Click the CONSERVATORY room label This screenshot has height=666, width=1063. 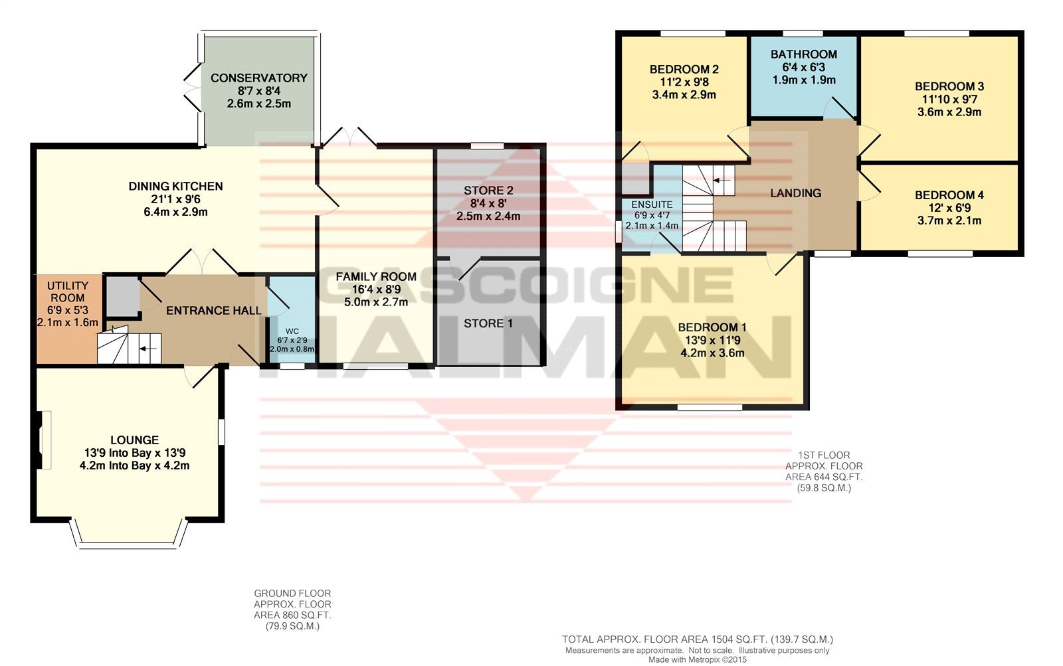tap(258, 78)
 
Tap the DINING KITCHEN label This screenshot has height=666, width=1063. tap(175, 186)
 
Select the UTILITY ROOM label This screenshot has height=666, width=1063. tap(67, 291)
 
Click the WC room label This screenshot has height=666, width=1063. tap(292, 331)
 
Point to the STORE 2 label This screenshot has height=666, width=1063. tap(488, 191)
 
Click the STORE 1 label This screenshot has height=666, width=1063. tap(488, 323)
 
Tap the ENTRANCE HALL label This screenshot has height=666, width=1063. tap(213, 311)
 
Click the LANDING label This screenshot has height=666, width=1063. tap(795, 193)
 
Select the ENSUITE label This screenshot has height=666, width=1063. tap(652, 205)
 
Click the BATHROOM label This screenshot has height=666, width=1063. tap(803, 54)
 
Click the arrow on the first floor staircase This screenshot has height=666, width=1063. tap(722, 180)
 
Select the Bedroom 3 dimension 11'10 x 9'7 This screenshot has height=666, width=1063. tap(949, 100)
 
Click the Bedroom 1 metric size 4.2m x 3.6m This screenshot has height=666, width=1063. tap(712, 353)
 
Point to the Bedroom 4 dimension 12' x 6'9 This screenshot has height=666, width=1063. tap(949, 208)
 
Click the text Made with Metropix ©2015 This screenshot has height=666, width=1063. tap(698, 660)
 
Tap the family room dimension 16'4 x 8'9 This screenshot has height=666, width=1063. tap(376, 290)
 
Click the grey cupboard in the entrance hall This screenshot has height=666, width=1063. tap(122, 297)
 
